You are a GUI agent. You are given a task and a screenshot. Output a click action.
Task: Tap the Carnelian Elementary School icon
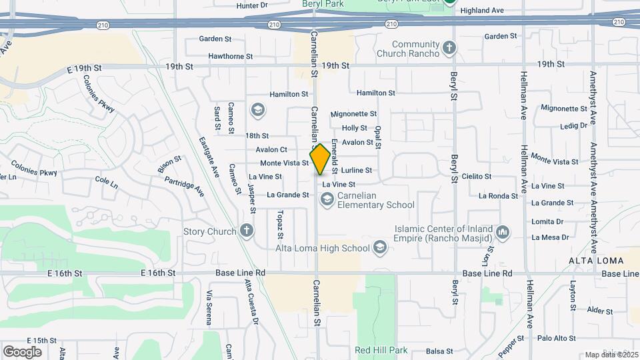[327, 199]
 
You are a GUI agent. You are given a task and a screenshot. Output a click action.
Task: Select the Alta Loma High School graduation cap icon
[380, 248]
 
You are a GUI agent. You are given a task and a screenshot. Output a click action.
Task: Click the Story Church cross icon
[247, 231]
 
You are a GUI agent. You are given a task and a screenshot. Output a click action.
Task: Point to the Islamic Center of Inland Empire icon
[502, 233]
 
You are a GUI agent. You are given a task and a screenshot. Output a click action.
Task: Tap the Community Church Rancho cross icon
[450, 48]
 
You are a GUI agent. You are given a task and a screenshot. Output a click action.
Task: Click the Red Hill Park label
[381, 350]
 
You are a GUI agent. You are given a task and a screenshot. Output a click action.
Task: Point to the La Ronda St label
[498, 196]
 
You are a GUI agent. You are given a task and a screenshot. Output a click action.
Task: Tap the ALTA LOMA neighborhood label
[596, 260]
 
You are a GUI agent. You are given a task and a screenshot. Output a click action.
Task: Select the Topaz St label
[281, 225]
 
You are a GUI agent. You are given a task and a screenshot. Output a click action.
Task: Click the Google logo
[22, 351]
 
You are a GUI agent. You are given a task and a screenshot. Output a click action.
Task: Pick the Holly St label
[354, 128]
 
